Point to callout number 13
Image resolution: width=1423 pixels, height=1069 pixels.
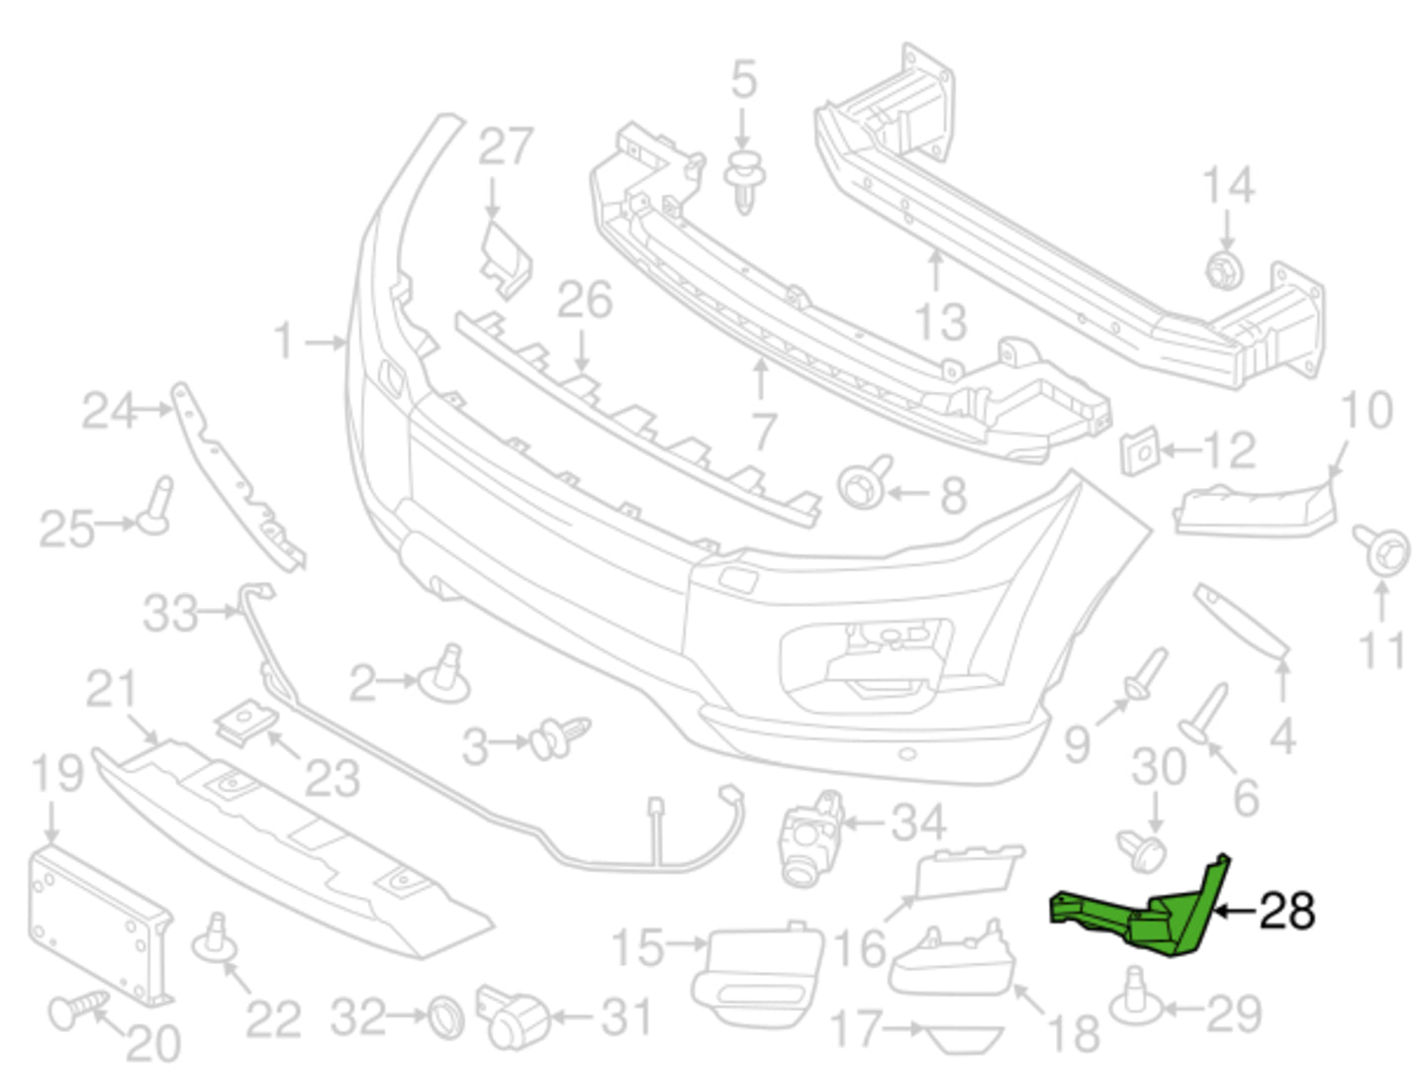[x=939, y=321]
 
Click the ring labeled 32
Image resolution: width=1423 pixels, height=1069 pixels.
[x=444, y=1017]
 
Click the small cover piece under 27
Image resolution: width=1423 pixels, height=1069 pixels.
[x=507, y=257]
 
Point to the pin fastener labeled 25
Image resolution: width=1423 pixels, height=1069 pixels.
[x=156, y=507]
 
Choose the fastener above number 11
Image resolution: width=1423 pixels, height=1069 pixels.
[x=1382, y=548]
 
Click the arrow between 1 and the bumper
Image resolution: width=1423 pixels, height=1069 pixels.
[x=325, y=342]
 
